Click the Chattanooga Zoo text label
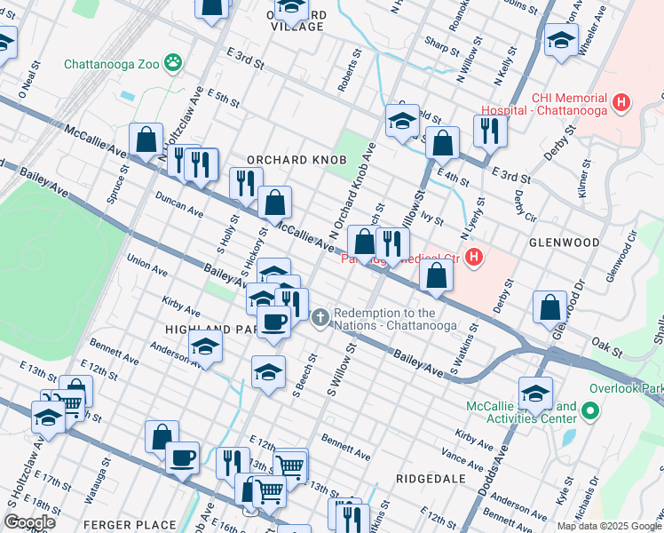111,64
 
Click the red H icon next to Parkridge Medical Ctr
475,259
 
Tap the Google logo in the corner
29,521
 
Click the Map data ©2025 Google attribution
609,526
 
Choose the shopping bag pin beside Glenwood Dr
549,306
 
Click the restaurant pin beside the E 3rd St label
489,131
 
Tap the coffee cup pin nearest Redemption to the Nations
273,322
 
